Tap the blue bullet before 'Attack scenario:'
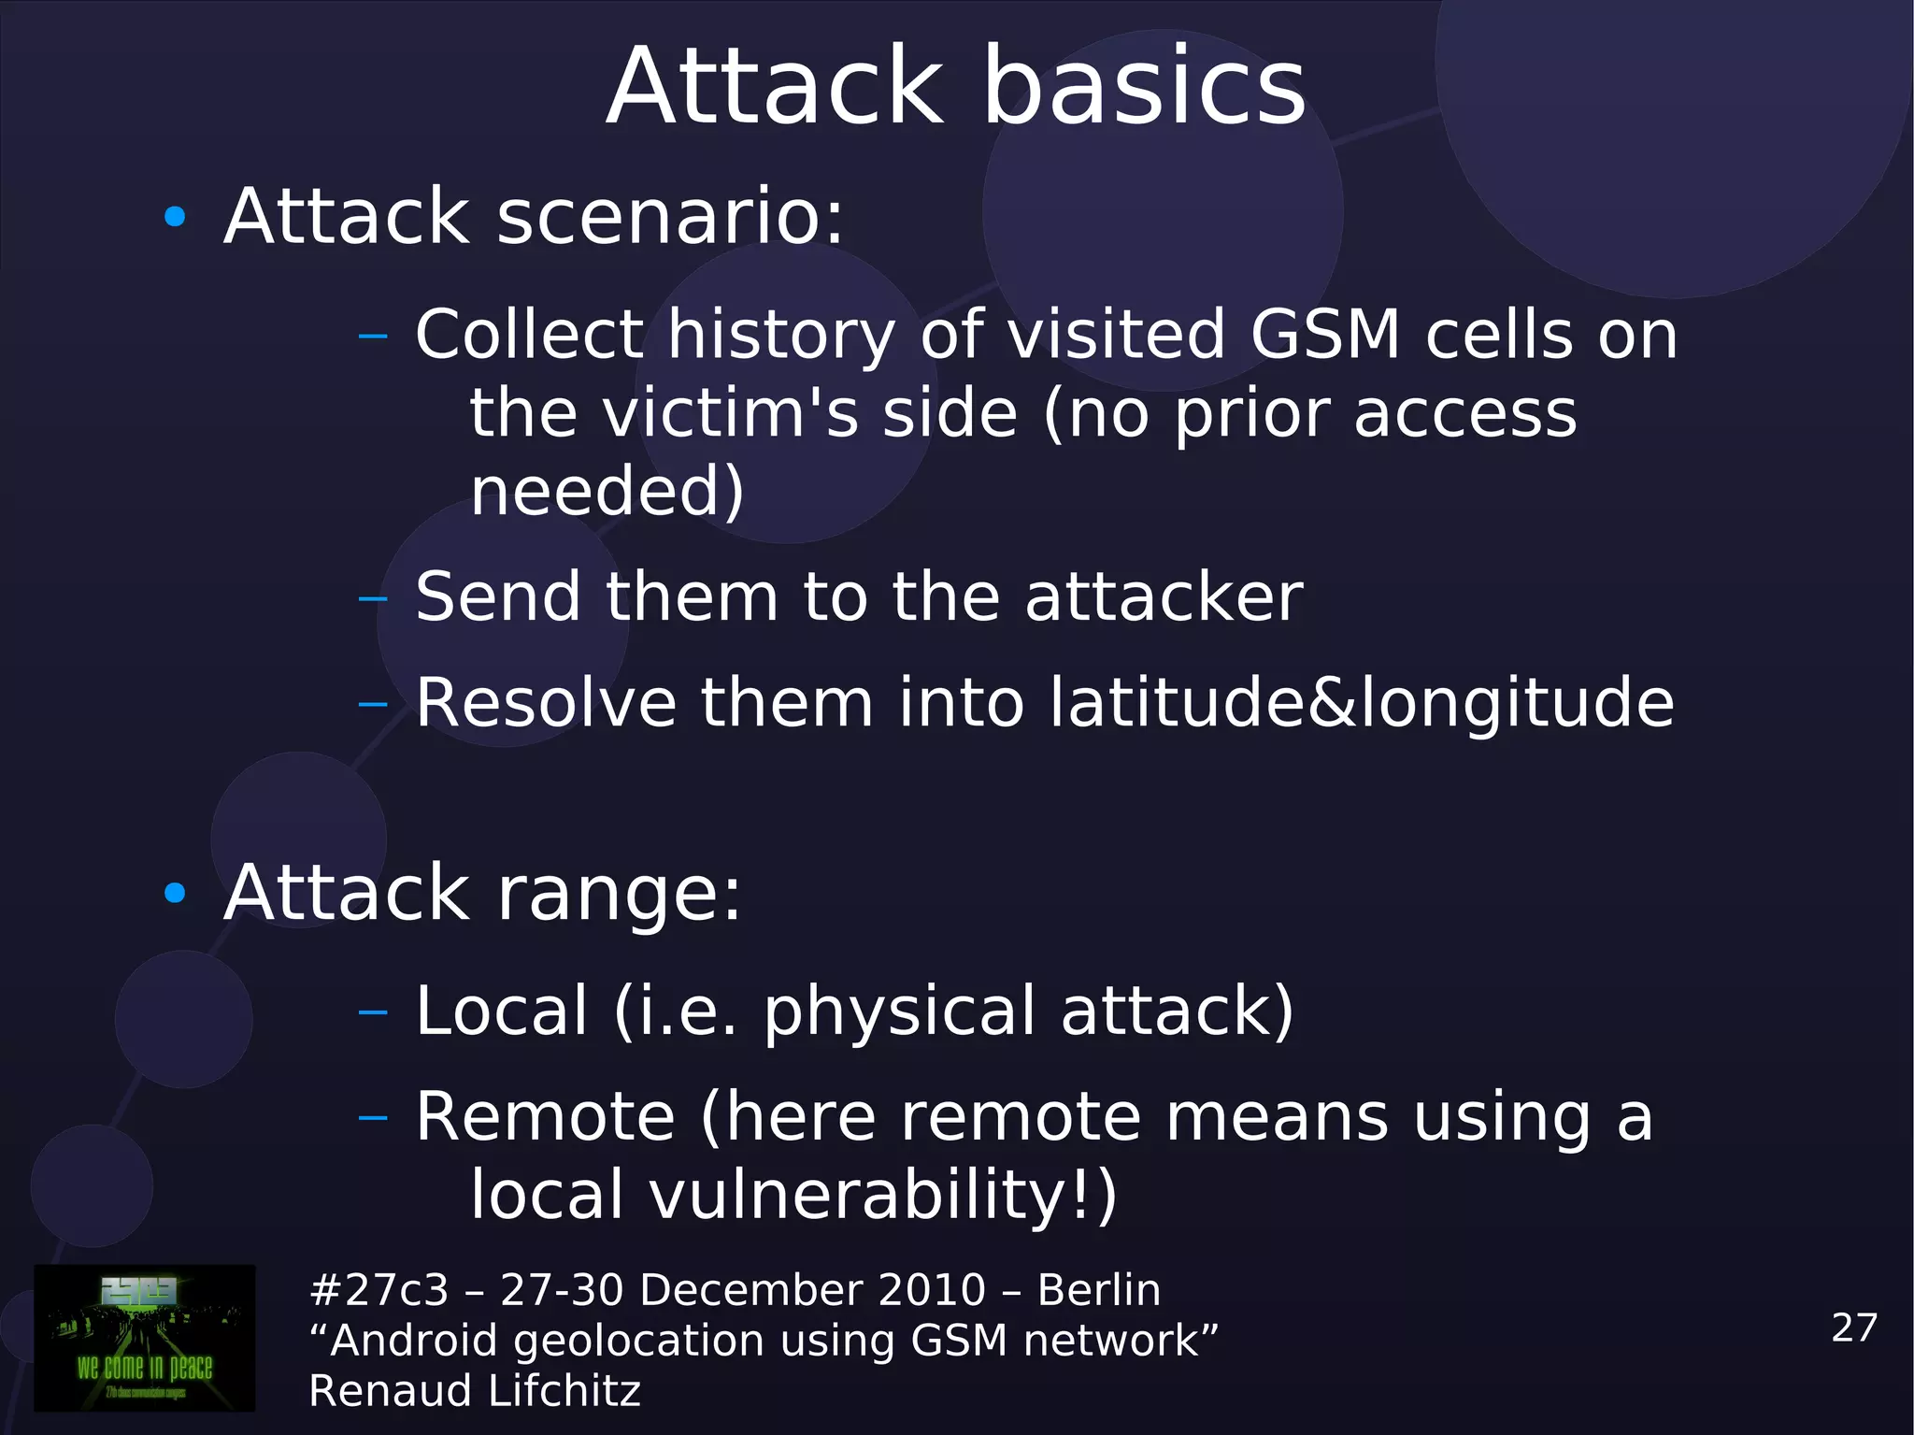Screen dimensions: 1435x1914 click(x=175, y=218)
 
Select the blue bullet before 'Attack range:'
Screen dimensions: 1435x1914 click(x=175, y=894)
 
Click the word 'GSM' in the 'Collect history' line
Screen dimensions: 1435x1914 click(x=1325, y=335)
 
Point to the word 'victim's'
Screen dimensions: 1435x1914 click(x=730, y=413)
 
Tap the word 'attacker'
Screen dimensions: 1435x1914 click(x=1164, y=596)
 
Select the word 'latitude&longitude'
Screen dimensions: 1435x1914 click(x=1361, y=703)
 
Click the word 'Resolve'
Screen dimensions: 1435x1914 click(x=546, y=703)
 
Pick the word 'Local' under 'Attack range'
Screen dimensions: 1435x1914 click(x=502, y=1011)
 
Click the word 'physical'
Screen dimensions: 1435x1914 click(x=900, y=1012)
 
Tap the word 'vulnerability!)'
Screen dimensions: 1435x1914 click(x=883, y=1195)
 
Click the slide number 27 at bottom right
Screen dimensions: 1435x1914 click(x=1854, y=1327)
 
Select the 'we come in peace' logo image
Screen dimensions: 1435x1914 click(x=145, y=1338)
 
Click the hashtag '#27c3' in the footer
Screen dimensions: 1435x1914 click(x=379, y=1290)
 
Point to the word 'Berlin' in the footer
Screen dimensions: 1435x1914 click(x=1099, y=1290)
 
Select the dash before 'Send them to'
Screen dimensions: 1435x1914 click(x=373, y=597)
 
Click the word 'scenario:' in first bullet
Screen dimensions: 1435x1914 click(x=669, y=218)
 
